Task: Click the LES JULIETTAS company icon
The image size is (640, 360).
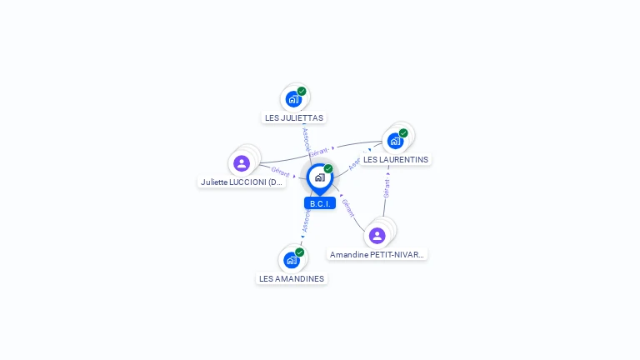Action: pyautogui.click(x=293, y=99)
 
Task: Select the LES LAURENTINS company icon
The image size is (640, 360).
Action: pyautogui.click(x=396, y=140)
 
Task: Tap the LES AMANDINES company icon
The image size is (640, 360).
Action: pyautogui.click(x=292, y=259)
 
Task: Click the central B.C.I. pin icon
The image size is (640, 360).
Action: pyautogui.click(x=319, y=177)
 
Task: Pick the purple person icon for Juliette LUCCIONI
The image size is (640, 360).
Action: pyautogui.click(x=242, y=162)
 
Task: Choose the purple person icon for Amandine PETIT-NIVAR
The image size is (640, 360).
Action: pyautogui.click(x=377, y=235)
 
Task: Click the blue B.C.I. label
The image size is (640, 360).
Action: pyautogui.click(x=320, y=203)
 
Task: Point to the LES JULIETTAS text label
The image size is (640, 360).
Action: pyautogui.click(x=294, y=118)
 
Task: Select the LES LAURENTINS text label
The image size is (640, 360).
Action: pyautogui.click(x=396, y=159)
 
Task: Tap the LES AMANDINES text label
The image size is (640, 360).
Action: pyautogui.click(x=292, y=278)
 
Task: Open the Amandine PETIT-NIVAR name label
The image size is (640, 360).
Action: pyautogui.click(x=377, y=254)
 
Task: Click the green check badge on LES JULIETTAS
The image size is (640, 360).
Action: pyautogui.click(x=302, y=91)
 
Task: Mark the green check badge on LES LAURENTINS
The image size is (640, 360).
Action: pyautogui.click(x=403, y=132)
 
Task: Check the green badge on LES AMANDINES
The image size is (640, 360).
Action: pyautogui.click(x=299, y=252)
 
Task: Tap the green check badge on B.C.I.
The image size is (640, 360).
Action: pyautogui.click(x=328, y=168)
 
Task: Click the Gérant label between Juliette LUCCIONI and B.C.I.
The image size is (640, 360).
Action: pyautogui.click(x=281, y=171)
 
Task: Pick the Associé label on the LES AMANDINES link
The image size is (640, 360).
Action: pyautogui.click(x=306, y=219)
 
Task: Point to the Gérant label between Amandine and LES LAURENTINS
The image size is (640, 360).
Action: pyautogui.click(x=387, y=187)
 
